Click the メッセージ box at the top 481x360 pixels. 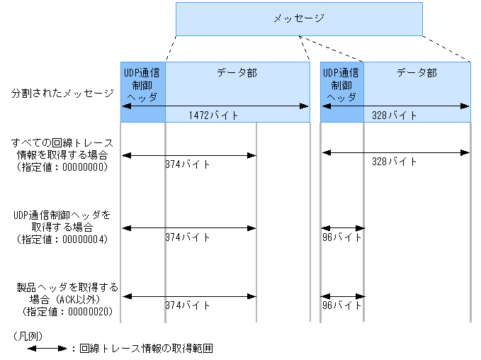pos(298,18)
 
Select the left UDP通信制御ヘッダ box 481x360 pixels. pos(142,85)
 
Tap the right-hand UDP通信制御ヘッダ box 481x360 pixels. pos(342,85)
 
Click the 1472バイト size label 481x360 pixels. pos(213,115)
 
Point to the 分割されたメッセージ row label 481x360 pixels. pos(62,93)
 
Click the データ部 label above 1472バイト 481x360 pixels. pos(237,72)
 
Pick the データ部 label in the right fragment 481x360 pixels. pos(417,72)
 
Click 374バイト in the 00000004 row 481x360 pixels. pos(188,237)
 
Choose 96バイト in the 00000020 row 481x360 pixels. pos(341,305)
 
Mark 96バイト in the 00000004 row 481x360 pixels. pos(341,237)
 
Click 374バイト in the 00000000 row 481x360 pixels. pos(188,164)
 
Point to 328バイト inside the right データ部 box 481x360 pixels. pos(395,115)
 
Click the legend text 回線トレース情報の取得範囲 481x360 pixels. pos(146,348)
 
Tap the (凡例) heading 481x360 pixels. pos(27,333)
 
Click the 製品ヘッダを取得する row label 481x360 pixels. pos(68,287)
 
